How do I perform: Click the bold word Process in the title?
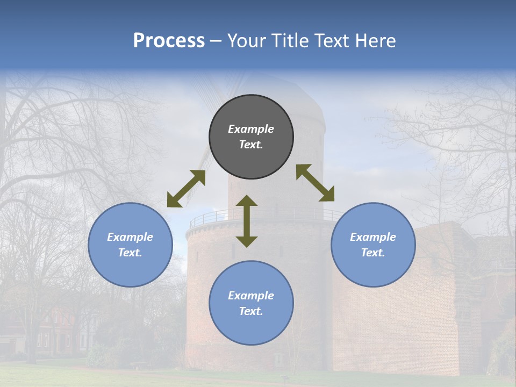[x=169, y=41]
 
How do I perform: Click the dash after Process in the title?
[x=216, y=41]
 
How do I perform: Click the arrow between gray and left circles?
[x=186, y=189]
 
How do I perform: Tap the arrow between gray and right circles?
[x=316, y=183]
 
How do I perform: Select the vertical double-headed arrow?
[x=247, y=221]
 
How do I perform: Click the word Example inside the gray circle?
[x=251, y=129]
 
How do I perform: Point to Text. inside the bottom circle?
[x=251, y=311]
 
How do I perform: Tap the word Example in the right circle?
[x=373, y=237]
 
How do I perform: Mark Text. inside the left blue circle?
[x=130, y=253]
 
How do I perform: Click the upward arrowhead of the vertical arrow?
[x=247, y=202]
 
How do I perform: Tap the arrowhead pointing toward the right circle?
[x=327, y=194]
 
